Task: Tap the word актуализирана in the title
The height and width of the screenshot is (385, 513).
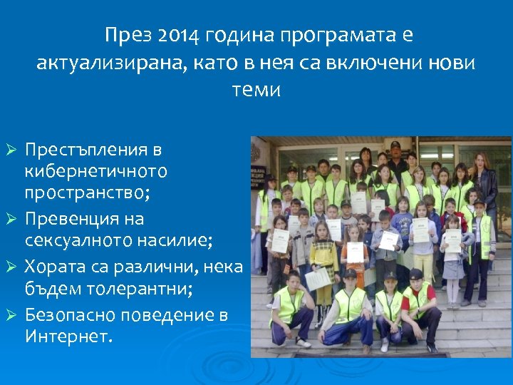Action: [110, 63]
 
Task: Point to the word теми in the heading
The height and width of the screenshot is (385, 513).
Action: [256, 91]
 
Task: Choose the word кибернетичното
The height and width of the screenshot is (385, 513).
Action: [96, 171]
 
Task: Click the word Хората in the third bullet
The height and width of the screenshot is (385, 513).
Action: [53, 267]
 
